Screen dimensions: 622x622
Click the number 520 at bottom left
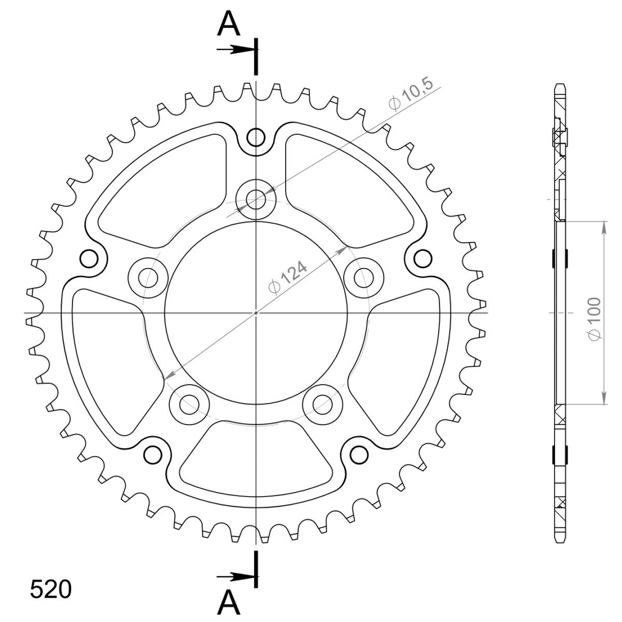(x=50, y=590)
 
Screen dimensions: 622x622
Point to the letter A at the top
(x=229, y=24)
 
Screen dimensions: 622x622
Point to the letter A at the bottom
(x=229, y=602)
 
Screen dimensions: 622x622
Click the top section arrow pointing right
(x=236, y=50)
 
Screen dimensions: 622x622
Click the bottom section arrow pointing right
(x=236, y=576)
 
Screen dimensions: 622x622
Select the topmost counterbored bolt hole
(x=255, y=197)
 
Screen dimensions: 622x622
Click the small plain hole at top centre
(x=255, y=137)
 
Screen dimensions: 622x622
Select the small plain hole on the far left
(x=89, y=258)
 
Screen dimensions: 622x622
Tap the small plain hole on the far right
(x=422, y=258)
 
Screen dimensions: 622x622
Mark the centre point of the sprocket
(x=256, y=313)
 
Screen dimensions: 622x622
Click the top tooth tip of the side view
(x=559, y=84)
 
